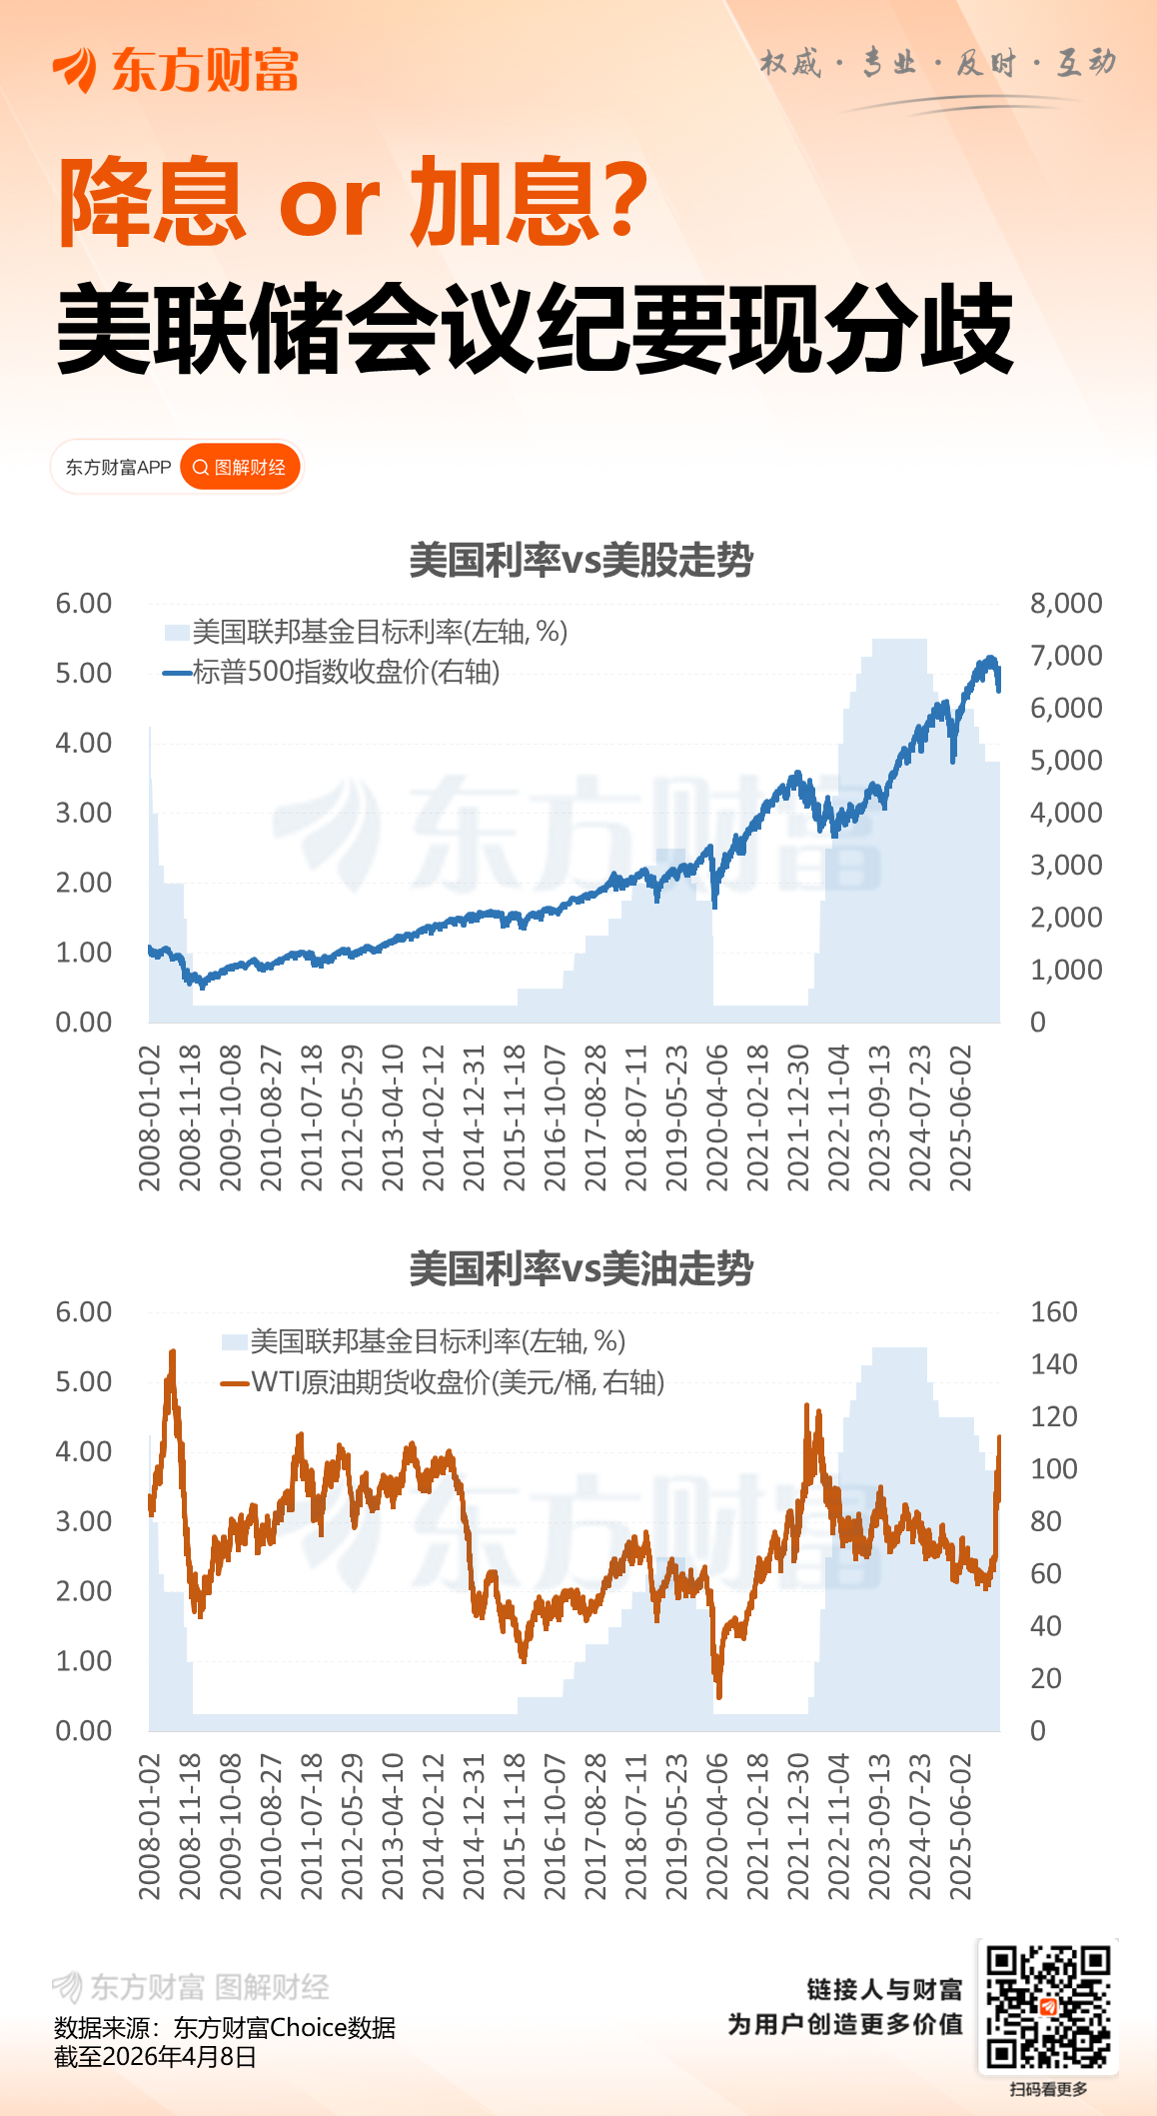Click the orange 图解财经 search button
coord(240,468)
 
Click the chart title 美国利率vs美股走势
coord(580,561)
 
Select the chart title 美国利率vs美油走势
coord(580,1269)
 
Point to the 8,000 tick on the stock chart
coord(1065,604)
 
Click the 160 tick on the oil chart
coord(1053,1312)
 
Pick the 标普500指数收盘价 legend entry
coord(345,672)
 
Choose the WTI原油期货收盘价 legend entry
coord(456,1382)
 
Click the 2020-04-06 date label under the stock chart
coord(717,1118)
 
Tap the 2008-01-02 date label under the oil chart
coord(150,1827)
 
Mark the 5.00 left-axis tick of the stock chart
coord(84,674)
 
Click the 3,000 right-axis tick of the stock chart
coord(1065,866)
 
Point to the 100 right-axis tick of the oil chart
coord(1053,1469)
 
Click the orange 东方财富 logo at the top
coord(176,70)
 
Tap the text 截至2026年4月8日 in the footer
coord(155,2057)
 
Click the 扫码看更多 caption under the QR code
coord(1047,2089)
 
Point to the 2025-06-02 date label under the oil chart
coord(960,1827)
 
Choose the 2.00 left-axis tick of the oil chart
coord(84,1592)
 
